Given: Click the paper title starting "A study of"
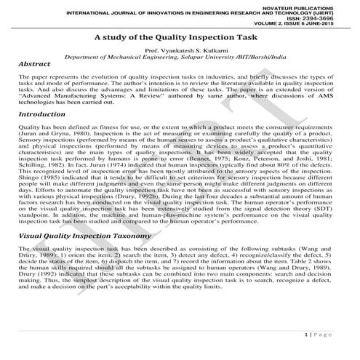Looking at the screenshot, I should tap(179, 37).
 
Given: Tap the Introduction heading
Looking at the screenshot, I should tap(47, 114).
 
